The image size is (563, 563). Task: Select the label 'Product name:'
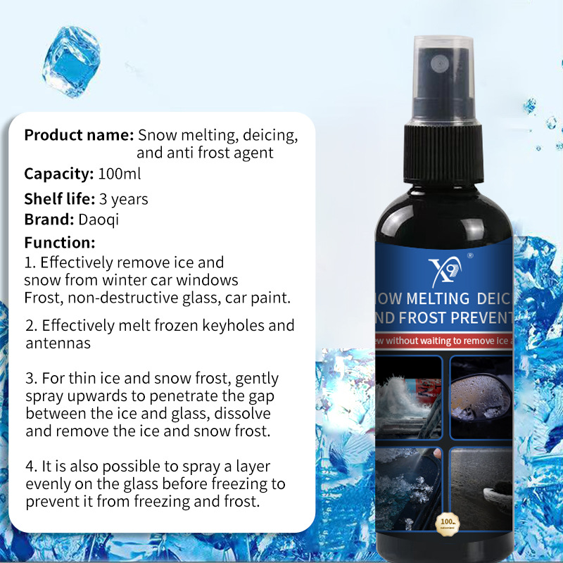tap(79, 135)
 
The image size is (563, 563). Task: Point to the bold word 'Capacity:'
tap(58, 174)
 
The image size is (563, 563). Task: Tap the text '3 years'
tap(124, 199)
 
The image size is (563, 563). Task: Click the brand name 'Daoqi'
tap(99, 219)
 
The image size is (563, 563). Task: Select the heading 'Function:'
tap(60, 243)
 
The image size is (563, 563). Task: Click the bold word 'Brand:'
tap(50, 219)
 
